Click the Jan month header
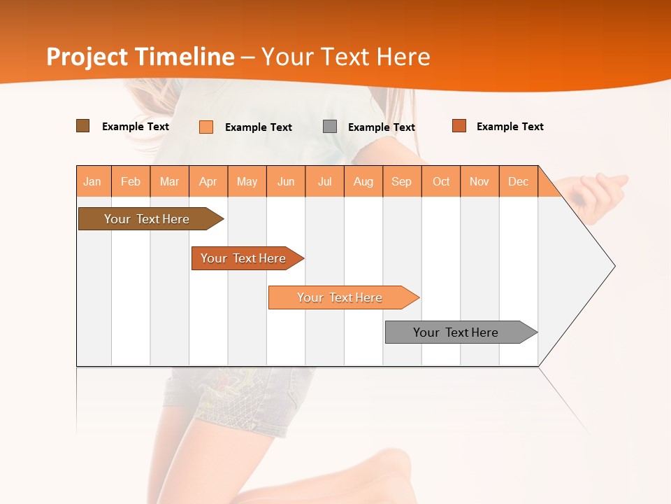93,181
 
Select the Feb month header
131,181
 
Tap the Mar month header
169,181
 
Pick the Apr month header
208,181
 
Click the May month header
247,181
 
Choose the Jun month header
286,181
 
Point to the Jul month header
324,181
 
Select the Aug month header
363,181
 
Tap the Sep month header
402,181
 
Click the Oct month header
441,181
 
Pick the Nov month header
479,181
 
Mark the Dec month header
519,181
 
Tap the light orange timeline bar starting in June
341,297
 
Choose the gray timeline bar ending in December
458,332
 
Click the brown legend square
82,126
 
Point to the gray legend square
330,127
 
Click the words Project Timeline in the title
140,57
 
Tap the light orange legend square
206,127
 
